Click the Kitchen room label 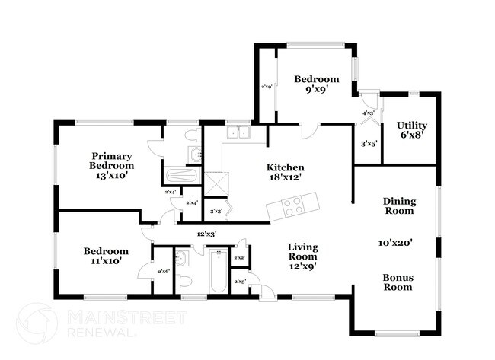286,167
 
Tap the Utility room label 411,126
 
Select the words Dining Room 399,206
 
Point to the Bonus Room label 398,282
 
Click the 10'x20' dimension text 396,243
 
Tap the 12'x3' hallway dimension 206,234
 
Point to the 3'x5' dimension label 369,143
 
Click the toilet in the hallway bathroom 184,281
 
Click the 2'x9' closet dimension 267,87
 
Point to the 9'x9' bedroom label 317,88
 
